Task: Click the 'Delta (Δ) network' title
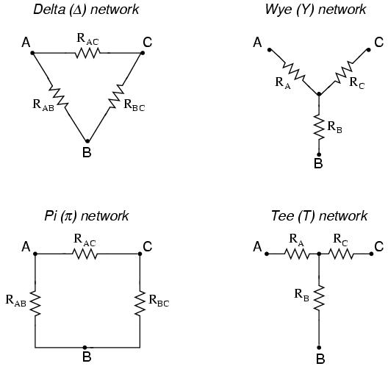tap(86, 10)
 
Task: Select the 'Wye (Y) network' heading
tap(315, 10)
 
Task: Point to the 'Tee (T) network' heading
tap(318, 215)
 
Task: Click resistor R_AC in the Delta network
tap(86, 53)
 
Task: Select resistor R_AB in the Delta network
tap(58, 96)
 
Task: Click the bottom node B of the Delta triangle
tap(87, 140)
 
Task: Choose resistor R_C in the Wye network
tap(343, 72)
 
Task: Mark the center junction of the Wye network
tap(318, 94)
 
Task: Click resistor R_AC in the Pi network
tap(86, 254)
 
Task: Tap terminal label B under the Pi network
tap(87, 358)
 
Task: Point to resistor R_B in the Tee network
tap(318, 298)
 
